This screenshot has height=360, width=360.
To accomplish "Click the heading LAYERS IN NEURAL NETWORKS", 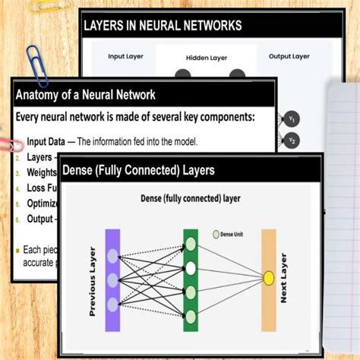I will pyautogui.click(x=163, y=26).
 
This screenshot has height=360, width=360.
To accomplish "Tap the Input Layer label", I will pyautogui.click(x=127, y=56).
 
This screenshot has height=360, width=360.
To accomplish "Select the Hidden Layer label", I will pyautogui.click(x=207, y=58).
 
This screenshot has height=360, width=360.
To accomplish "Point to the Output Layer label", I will pyautogui.click(x=289, y=56).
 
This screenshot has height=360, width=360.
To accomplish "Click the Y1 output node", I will pyautogui.click(x=292, y=118).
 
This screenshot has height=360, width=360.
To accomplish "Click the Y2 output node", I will pyautogui.click(x=292, y=140).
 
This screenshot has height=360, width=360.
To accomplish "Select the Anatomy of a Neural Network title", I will pyautogui.click(x=86, y=95).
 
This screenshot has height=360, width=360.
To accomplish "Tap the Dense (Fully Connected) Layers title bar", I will pyautogui.click(x=137, y=170).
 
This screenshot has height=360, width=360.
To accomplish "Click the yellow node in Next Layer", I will pyautogui.click(x=268, y=278).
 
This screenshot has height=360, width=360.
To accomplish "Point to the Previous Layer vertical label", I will pyautogui.click(x=93, y=281).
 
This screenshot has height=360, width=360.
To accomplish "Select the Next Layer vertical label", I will pyautogui.click(x=284, y=278).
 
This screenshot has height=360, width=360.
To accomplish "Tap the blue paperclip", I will pyautogui.click(x=36, y=65).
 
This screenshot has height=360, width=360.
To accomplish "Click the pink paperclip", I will pyautogui.click(x=9, y=144).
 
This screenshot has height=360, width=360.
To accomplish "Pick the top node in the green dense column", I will pyautogui.click(x=191, y=245).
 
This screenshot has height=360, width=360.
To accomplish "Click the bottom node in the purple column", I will pyautogui.click(x=112, y=305).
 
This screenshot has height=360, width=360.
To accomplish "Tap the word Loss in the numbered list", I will pyautogui.click(x=35, y=187).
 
